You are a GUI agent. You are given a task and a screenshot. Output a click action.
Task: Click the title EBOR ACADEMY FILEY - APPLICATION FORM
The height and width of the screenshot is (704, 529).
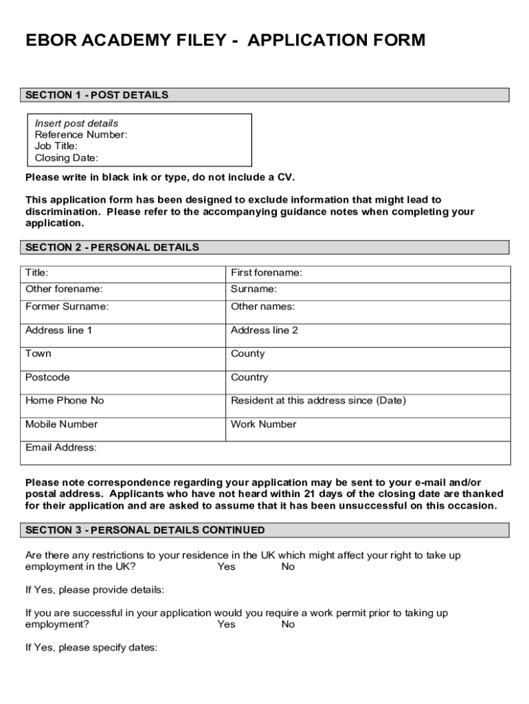[x=225, y=41]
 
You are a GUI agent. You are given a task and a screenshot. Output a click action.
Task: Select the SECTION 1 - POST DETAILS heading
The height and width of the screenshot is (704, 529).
[x=97, y=95]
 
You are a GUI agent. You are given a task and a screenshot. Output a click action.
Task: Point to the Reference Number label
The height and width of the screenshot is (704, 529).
[x=81, y=135]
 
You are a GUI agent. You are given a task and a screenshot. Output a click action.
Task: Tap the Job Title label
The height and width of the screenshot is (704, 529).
[x=56, y=146]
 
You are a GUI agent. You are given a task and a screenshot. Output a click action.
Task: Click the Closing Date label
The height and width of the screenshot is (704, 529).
[x=67, y=157]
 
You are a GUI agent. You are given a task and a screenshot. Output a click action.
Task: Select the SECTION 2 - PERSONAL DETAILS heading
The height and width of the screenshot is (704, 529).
[x=112, y=247]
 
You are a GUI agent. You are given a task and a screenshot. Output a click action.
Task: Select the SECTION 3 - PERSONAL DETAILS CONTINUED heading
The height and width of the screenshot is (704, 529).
[x=145, y=530]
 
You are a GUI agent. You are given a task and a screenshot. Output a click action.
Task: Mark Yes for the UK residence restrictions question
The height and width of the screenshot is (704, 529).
[x=226, y=566]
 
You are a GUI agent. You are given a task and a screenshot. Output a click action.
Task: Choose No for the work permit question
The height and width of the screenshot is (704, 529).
[x=288, y=624]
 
